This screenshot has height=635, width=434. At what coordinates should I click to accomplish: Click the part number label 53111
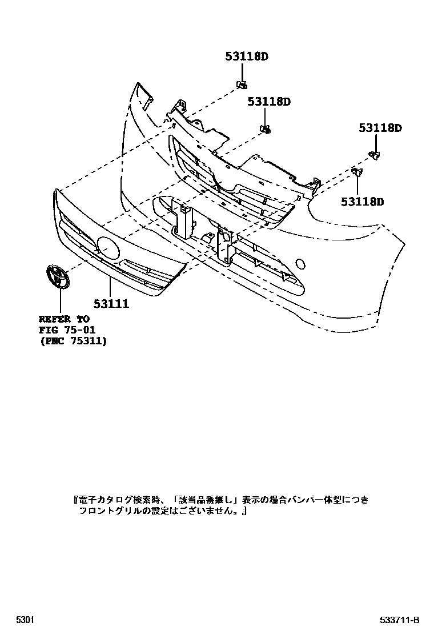[111, 304]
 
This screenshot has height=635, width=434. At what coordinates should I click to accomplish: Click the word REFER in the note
[55, 320]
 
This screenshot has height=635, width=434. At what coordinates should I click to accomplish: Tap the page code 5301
[25, 620]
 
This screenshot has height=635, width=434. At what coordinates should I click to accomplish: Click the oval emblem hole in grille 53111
[108, 246]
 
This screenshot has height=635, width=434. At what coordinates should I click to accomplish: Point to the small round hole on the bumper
[298, 264]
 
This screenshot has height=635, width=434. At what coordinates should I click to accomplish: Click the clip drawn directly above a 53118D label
[356, 171]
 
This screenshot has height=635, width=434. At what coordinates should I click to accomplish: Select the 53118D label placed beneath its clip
[363, 202]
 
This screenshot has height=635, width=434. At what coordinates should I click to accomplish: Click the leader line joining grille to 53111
[110, 286]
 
